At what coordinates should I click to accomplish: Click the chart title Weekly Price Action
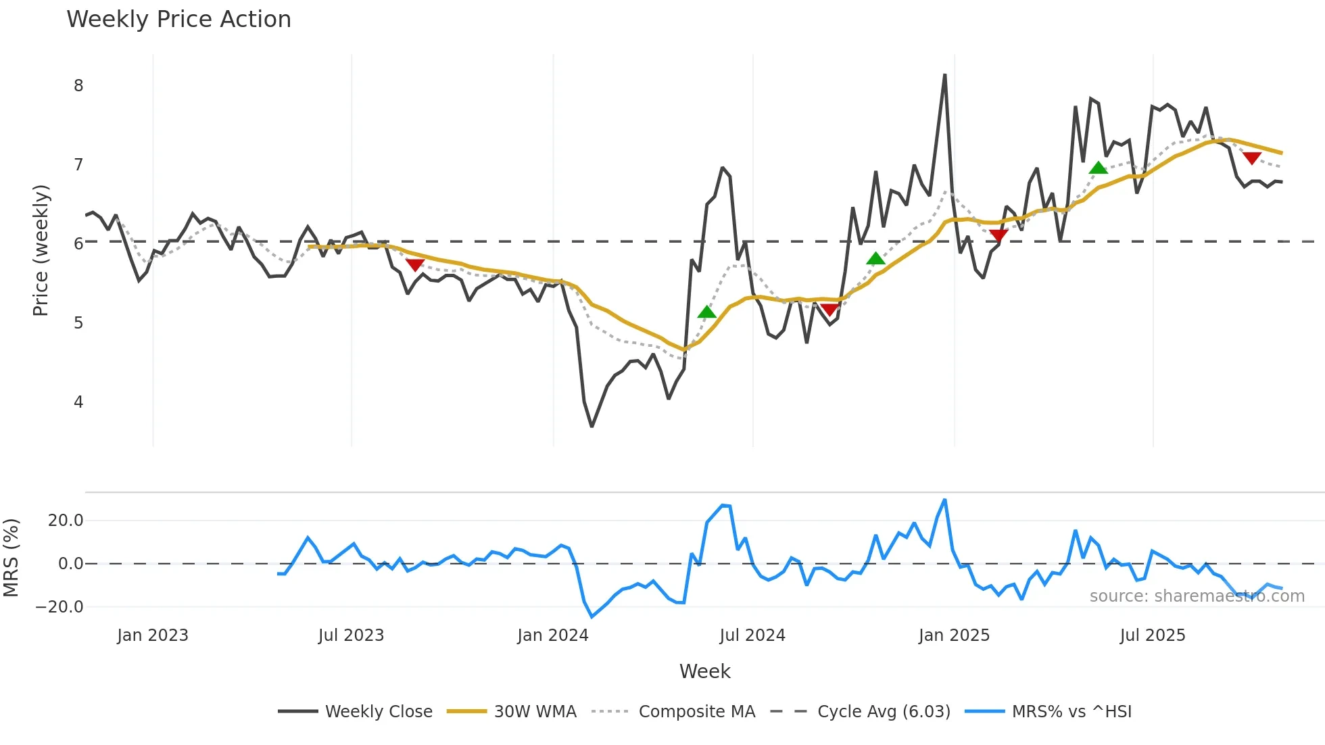178,20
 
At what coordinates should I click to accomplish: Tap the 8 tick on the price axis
79,86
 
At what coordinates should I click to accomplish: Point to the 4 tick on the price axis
79,402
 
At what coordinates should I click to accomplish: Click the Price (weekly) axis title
41,250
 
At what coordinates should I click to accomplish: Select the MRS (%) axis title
11,558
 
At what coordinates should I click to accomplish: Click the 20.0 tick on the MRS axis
66,521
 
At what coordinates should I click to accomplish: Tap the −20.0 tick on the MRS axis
59,607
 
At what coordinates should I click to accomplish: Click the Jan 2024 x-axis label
552,635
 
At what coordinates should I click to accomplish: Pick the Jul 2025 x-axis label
1152,635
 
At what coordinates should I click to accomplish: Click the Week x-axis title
704,671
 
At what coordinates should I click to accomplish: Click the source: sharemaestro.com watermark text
1197,596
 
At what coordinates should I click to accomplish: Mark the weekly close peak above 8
944,75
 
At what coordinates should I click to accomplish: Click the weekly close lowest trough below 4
592,426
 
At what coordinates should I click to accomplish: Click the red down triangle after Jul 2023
414,265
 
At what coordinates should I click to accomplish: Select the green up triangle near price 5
706,312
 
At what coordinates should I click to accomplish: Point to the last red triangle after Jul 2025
1252,158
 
